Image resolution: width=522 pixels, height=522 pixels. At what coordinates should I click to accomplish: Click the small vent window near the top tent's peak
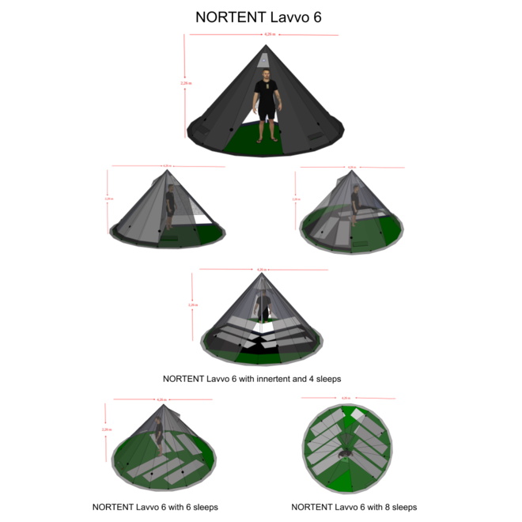coord(263,59)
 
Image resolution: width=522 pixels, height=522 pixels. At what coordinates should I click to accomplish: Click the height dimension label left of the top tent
coord(186,82)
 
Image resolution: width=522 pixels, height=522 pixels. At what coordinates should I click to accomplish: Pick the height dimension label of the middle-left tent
coord(108,199)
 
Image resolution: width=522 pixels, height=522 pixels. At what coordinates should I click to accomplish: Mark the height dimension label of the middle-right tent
coord(296,199)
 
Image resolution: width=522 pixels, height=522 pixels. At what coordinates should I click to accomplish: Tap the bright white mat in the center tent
coord(264,326)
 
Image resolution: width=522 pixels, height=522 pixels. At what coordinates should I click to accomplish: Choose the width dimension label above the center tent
coord(262,269)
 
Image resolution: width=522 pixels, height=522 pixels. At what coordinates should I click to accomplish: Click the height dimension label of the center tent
coord(192,304)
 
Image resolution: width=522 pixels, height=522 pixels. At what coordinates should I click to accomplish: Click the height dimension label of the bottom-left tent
coord(106,429)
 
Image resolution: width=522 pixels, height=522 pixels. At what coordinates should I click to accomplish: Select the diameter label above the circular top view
coord(346,397)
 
